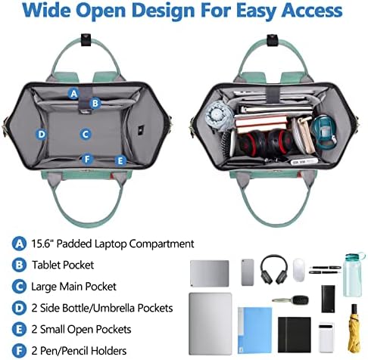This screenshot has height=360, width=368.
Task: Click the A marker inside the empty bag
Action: pyautogui.click(x=73, y=94)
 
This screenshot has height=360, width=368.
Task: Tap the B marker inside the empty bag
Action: pyautogui.click(x=95, y=103)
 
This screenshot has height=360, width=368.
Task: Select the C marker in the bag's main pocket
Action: pyautogui.click(x=86, y=135)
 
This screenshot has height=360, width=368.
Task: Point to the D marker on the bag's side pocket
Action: pyautogui.click(x=42, y=135)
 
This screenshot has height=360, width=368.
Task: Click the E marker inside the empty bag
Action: pyautogui.click(x=120, y=160)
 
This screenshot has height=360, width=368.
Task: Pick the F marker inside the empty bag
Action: pyautogui.click(x=87, y=159)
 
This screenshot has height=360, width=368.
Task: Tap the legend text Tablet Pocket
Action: pyautogui.click(x=63, y=265)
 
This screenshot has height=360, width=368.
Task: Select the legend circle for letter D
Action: pyautogui.click(x=19, y=308)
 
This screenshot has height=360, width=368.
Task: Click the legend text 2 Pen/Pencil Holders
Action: pyautogui.click(x=79, y=351)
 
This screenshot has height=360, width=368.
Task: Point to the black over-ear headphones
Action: pyautogui.click(x=274, y=269)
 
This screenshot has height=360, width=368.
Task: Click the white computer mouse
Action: pyautogui.click(x=299, y=269)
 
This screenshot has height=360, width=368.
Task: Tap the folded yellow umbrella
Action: pyautogui.click(x=354, y=329)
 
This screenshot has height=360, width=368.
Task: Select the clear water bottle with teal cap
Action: pyautogui.click(x=353, y=275)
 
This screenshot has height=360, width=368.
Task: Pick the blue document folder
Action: pyautogui.click(x=254, y=330)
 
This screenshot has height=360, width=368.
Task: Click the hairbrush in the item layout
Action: pyautogui.click(x=291, y=300)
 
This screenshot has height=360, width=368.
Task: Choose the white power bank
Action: pyautogui.click(x=326, y=337)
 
